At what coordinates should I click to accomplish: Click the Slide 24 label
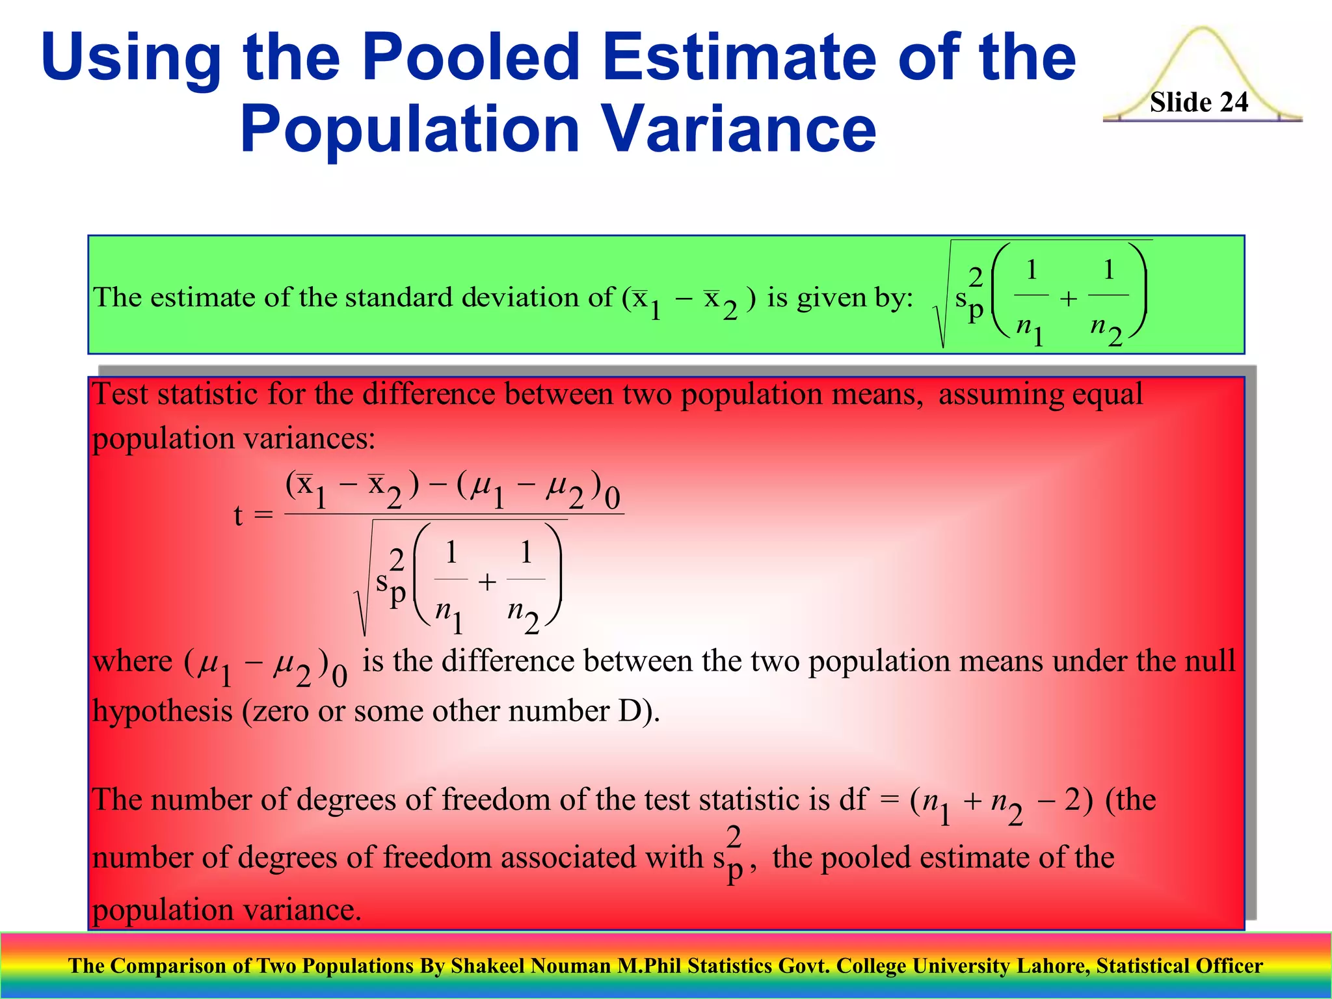pyautogui.click(x=1199, y=102)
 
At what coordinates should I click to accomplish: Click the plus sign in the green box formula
pyautogui.click(x=1068, y=299)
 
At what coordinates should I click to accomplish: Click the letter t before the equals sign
pyautogui.click(x=238, y=516)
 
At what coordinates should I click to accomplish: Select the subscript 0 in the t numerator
pyautogui.click(x=612, y=499)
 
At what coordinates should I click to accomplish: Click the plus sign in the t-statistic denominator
pyautogui.click(x=486, y=582)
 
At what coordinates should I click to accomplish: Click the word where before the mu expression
pyautogui.click(x=133, y=661)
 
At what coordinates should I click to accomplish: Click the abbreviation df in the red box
pyautogui.click(x=853, y=799)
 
